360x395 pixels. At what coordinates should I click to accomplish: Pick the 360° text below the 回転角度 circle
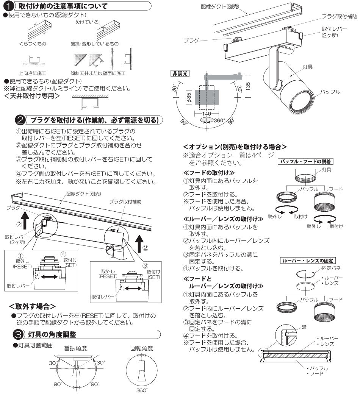click(140, 389)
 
